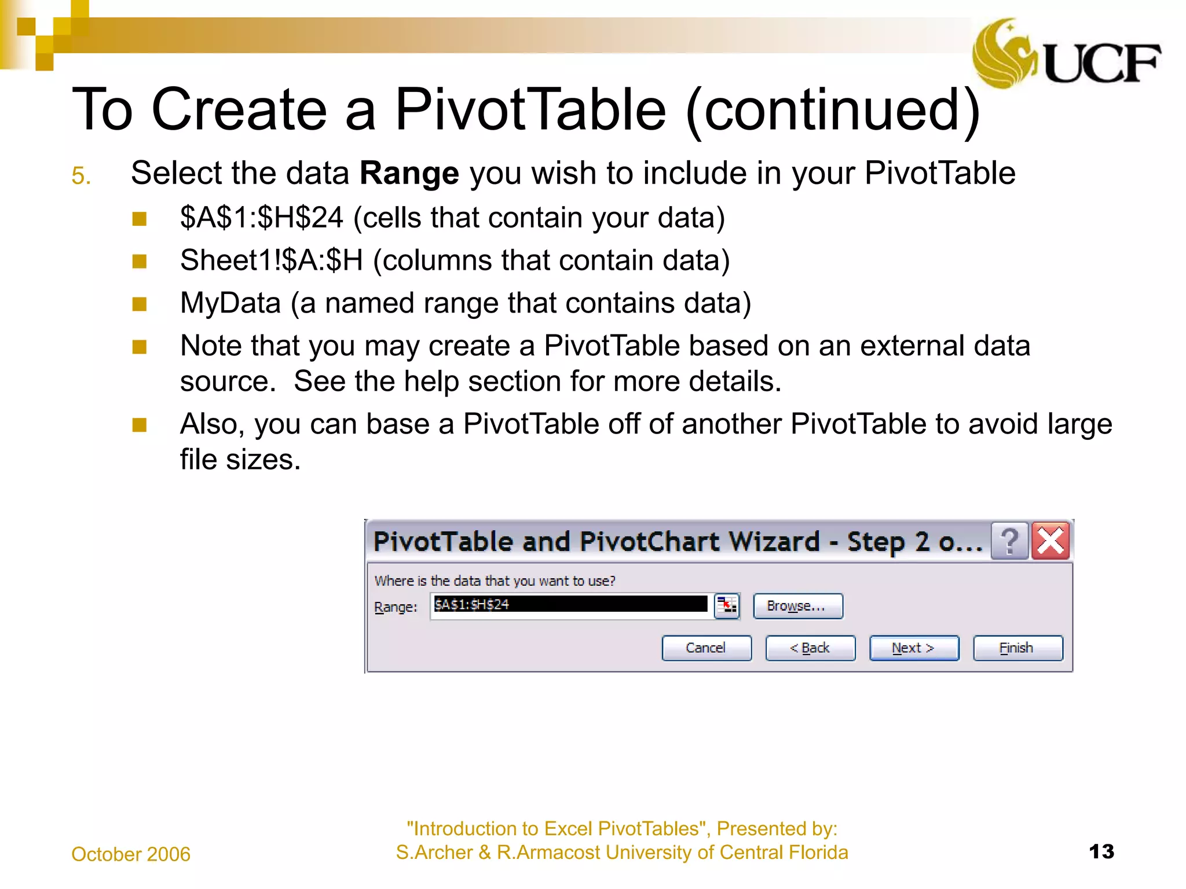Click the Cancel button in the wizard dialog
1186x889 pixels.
click(x=706, y=648)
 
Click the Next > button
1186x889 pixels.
click(x=913, y=648)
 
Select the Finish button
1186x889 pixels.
click(x=1017, y=648)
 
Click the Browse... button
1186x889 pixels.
click(x=797, y=606)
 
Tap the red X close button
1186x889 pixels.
click(x=1050, y=542)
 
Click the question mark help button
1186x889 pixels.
click(x=1009, y=542)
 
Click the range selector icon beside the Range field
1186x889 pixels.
click(x=727, y=606)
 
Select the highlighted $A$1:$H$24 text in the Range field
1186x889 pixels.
click(x=472, y=604)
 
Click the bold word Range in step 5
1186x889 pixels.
click(x=409, y=173)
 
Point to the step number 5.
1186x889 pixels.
click(x=81, y=176)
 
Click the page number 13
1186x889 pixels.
click(x=1101, y=851)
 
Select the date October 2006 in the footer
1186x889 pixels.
click(x=131, y=854)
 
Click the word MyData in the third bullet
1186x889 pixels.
click(x=230, y=303)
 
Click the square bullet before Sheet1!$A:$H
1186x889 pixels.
click(x=139, y=262)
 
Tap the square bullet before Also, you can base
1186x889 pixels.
click(x=139, y=425)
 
